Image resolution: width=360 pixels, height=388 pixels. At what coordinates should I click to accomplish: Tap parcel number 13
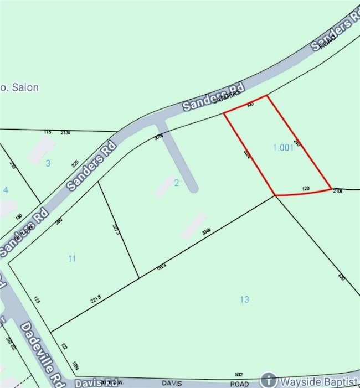244,299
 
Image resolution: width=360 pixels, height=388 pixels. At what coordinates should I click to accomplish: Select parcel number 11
72,258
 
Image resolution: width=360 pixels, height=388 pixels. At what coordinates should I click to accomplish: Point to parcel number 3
48,163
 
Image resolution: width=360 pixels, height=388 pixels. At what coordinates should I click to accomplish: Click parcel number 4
6,190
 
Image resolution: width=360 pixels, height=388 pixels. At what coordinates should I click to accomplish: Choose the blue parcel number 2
177,183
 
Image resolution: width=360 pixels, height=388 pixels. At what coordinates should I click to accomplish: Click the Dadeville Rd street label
35,351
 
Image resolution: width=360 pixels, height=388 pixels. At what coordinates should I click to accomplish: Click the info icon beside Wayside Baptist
269,380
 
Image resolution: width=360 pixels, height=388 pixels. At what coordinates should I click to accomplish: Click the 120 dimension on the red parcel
305,188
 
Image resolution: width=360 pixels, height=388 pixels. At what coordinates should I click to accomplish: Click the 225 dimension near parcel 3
75,163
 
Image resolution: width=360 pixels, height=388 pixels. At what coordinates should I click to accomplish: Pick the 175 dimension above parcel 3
47,132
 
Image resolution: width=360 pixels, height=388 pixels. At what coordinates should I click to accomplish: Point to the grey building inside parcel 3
42,150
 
